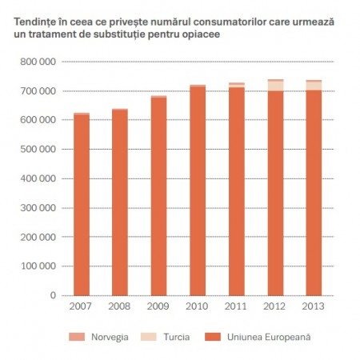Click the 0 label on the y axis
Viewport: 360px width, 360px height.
point(53,296)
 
